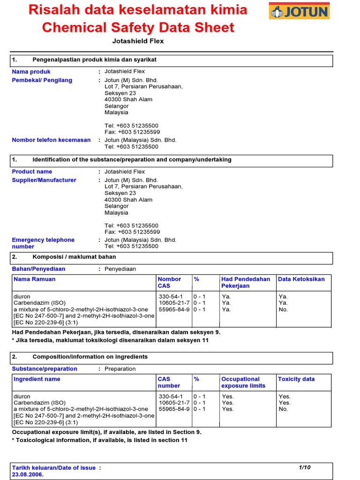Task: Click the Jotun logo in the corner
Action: tap(299, 11)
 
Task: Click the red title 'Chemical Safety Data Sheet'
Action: tap(138, 28)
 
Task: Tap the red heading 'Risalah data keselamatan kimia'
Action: tap(138, 9)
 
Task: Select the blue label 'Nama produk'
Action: tap(31, 72)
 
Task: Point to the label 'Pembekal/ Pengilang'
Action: tap(42, 80)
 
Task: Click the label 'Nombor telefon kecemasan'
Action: tap(51, 140)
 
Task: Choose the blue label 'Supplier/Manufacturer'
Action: tap(44, 180)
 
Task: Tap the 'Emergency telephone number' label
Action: tap(43, 243)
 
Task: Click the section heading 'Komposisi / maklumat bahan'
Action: tap(74, 257)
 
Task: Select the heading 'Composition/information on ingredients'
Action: tap(90, 357)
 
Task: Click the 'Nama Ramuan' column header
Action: tap(34, 279)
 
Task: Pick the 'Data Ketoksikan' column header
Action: tap(301, 279)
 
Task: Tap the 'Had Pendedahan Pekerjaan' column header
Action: tap(246, 282)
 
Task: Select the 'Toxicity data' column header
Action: tap(296, 379)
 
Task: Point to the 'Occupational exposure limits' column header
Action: tap(243, 382)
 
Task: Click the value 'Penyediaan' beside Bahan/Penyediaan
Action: tap(120, 269)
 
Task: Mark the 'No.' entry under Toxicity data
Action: tap(283, 409)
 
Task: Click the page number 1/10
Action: tap(305, 467)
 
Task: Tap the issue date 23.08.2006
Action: tap(28, 474)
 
